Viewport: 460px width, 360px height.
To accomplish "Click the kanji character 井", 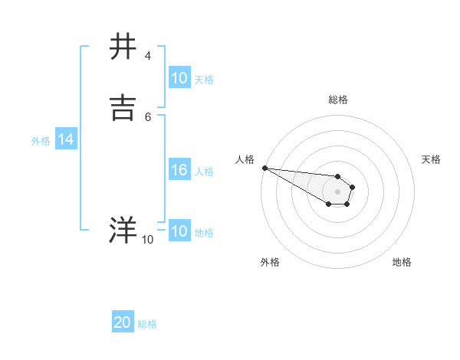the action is [123, 47].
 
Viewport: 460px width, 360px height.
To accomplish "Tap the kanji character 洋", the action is [123, 230].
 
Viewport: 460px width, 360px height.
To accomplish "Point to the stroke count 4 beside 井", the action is [147, 56].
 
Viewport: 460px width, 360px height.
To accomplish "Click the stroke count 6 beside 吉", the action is [147, 116].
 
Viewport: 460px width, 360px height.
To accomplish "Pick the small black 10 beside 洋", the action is [147, 239].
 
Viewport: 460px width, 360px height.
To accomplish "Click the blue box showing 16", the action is [179, 171].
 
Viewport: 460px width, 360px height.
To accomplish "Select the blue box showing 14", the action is [65, 139].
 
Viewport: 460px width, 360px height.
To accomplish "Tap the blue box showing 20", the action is [123, 323].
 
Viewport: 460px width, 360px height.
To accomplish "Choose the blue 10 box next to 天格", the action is [179, 78].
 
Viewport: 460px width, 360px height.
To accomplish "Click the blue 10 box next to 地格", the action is [179, 232].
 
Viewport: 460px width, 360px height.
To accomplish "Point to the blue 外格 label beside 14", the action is [41, 140].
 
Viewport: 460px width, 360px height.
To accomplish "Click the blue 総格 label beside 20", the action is [147, 324].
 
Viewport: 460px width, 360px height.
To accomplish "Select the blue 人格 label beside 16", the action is [205, 172].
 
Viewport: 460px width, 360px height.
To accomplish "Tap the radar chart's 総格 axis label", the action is [337, 100].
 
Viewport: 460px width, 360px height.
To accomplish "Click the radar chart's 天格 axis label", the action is [432, 159].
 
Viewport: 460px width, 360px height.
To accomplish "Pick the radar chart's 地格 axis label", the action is [402, 262].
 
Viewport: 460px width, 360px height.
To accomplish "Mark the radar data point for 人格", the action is [264, 168].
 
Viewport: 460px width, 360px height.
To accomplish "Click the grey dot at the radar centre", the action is [337, 191].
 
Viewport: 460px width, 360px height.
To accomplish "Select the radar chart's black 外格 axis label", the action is [270, 262].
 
